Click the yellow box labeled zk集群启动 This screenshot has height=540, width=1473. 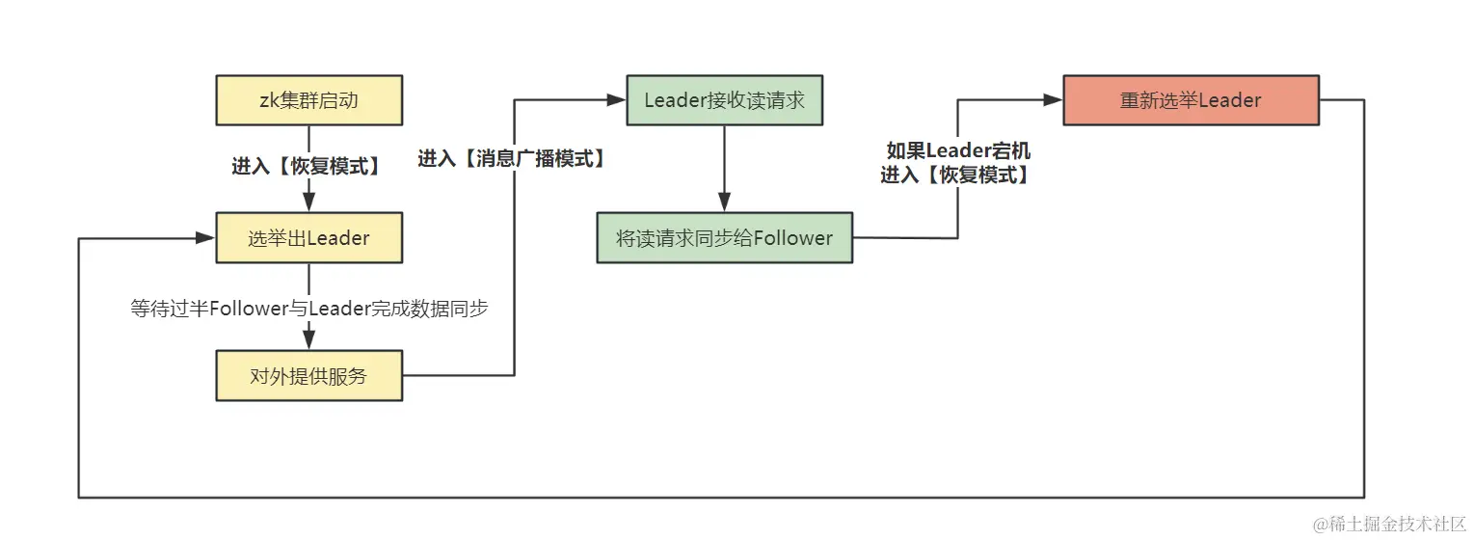click(x=308, y=100)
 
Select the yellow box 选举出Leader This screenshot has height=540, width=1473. click(x=308, y=238)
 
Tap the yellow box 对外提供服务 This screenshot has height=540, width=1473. click(x=308, y=376)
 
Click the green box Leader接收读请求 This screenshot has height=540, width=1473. click(x=724, y=100)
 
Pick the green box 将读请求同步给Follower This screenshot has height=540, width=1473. click(x=724, y=238)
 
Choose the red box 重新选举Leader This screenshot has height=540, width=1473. click(x=1191, y=100)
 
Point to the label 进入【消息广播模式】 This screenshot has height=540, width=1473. click(x=513, y=159)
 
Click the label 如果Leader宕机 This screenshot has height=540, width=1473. click(x=958, y=151)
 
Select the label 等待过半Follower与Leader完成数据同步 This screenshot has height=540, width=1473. click(x=308, y=309)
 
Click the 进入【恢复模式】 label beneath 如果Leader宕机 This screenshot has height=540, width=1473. click(x=955, y=175)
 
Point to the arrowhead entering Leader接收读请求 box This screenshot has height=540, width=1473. click(x=617, y=99)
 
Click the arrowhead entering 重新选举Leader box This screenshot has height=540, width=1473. click(x=1054, y=99)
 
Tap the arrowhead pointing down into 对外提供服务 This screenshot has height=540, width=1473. click(x=308, y=340)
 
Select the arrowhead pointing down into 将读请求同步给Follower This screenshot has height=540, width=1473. click(x=724, y=202)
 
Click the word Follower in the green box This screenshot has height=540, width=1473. click(x=792, y=238)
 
